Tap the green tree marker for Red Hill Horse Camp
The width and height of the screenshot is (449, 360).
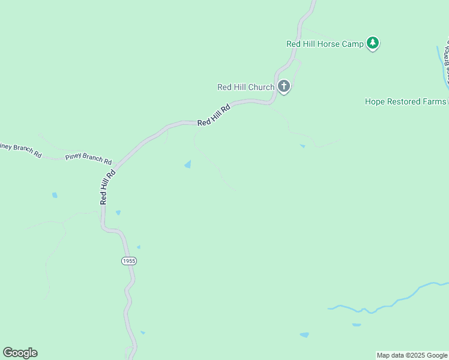tap(373, 43)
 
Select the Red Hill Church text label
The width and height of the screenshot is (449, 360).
tap(246, 87)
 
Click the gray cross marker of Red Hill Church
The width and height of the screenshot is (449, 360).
tap(284, 86)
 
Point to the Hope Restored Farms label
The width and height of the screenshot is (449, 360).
tap(405, 101)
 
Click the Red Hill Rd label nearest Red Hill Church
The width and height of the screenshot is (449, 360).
tap(214, 115)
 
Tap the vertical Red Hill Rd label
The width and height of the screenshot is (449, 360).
tap(107, 187)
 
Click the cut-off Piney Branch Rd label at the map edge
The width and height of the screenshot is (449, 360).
tap(20, 150)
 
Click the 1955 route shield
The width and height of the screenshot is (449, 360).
tap(128, 260)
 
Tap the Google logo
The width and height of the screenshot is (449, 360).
tap(20, 353)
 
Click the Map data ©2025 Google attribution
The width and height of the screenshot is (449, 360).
tap(412, 355)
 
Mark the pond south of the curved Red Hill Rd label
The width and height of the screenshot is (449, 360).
tap(188, 164)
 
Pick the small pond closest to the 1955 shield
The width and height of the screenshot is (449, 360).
tap(138, 247)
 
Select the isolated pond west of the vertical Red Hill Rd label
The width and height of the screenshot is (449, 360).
tap(55, 195)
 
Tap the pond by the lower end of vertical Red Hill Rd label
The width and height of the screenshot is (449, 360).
tap(118, 212)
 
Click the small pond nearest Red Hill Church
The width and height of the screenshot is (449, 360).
tap(302, 146)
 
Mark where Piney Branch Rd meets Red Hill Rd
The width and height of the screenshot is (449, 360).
tap(116, 163)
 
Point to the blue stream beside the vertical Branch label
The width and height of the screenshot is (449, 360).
tap(441, 60)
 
